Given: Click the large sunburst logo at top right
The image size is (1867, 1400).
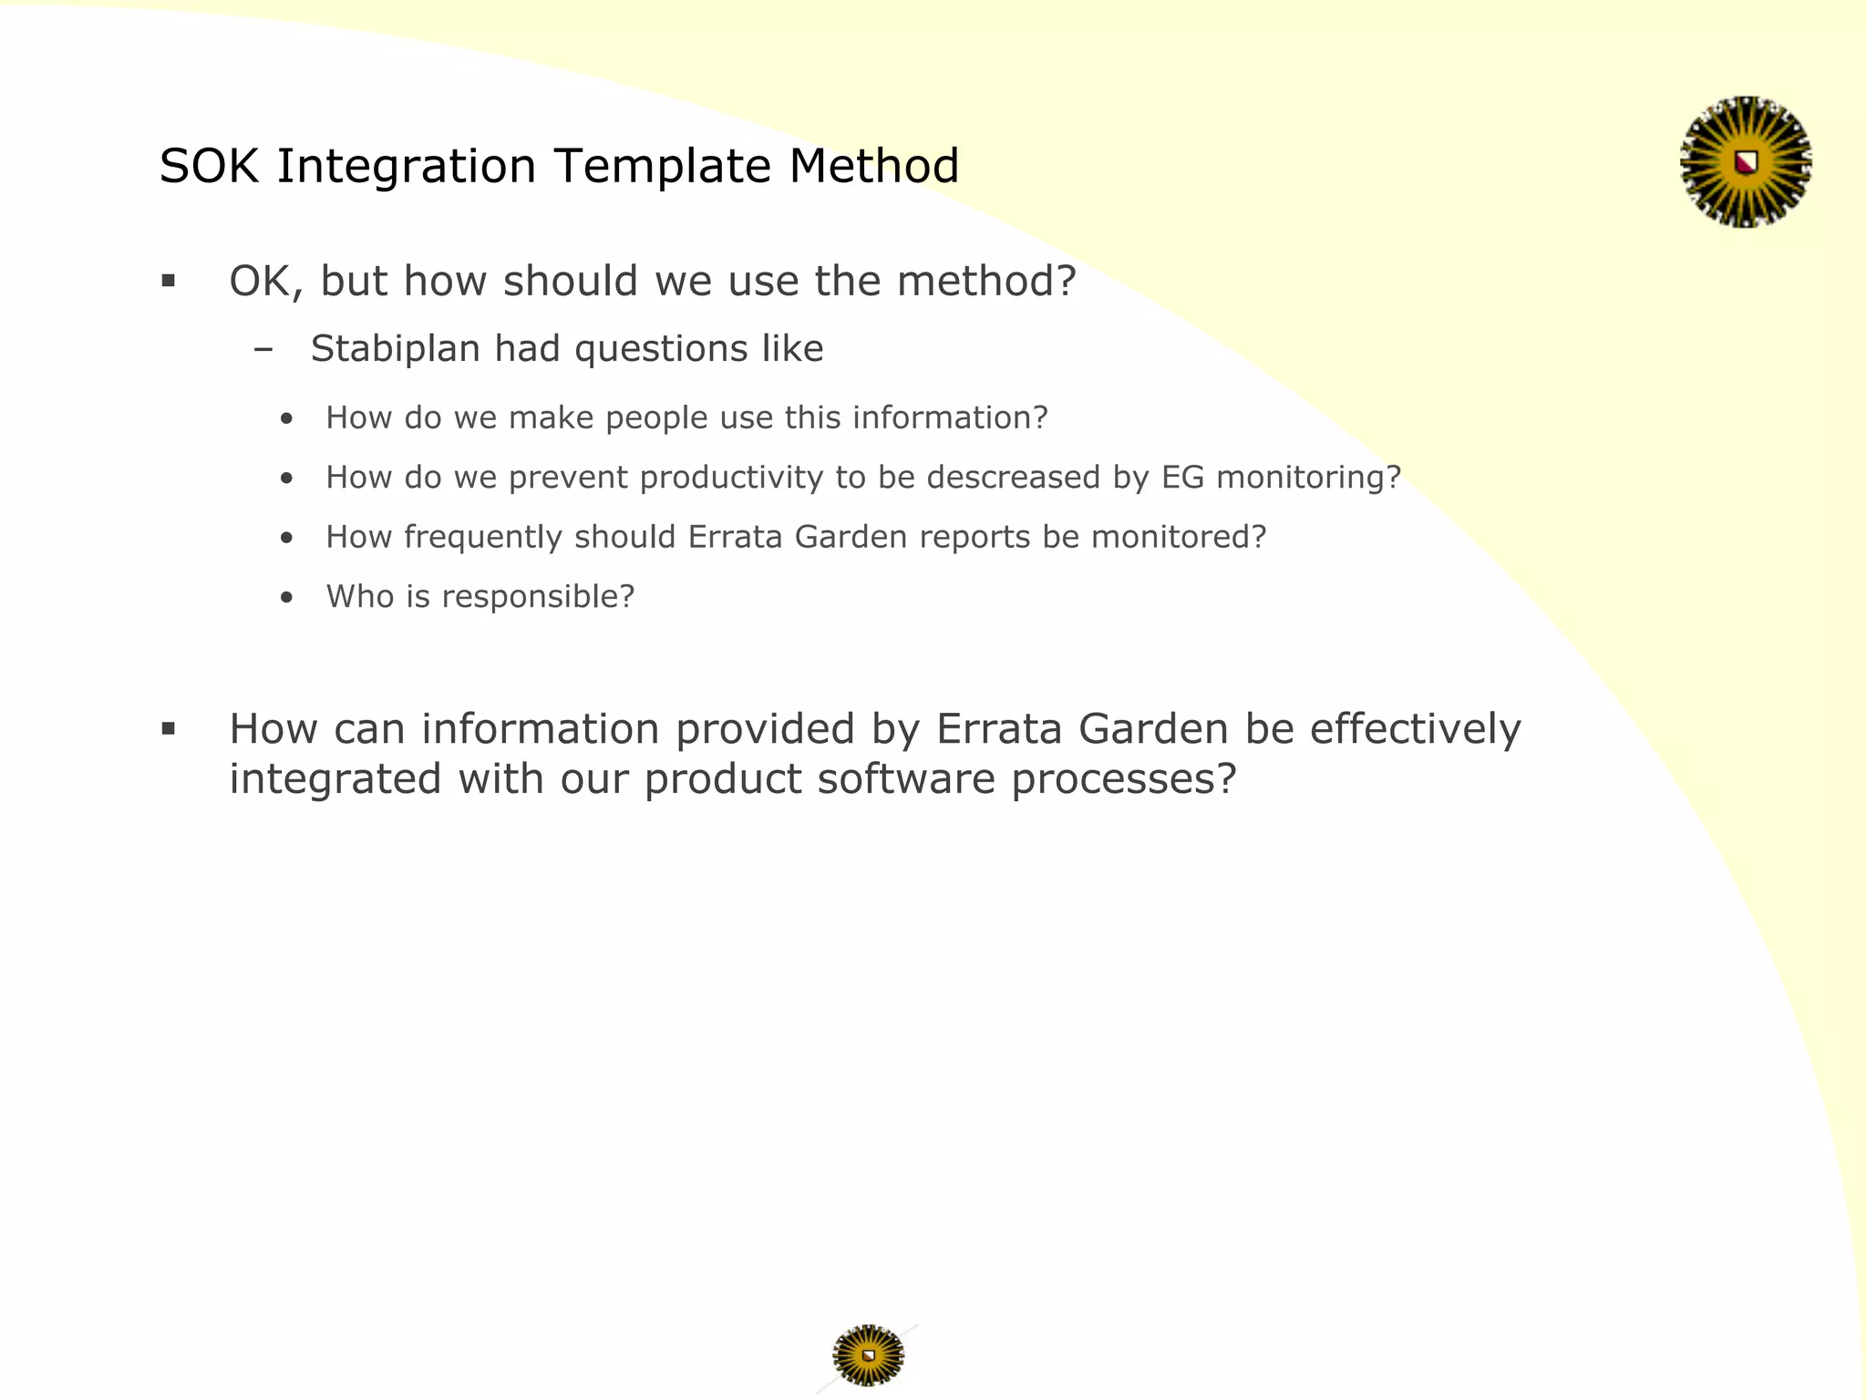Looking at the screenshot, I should click(1745, 162).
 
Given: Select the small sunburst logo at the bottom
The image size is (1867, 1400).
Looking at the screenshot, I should click(868, 1355).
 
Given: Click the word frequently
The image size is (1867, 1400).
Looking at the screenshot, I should click(483, 538).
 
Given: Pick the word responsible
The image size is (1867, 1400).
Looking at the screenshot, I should click(538, 597).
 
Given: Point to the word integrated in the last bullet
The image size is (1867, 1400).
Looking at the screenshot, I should click(335, 779).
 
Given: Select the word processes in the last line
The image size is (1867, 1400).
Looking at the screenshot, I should click(1123, 779).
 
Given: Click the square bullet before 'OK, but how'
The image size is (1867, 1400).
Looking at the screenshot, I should click(168, 281).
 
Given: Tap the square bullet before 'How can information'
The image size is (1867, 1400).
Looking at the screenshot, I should click(168, 728).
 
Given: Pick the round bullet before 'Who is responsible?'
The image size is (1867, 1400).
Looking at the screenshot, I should click(287, 598).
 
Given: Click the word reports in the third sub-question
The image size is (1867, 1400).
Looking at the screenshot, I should click(975, 538).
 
